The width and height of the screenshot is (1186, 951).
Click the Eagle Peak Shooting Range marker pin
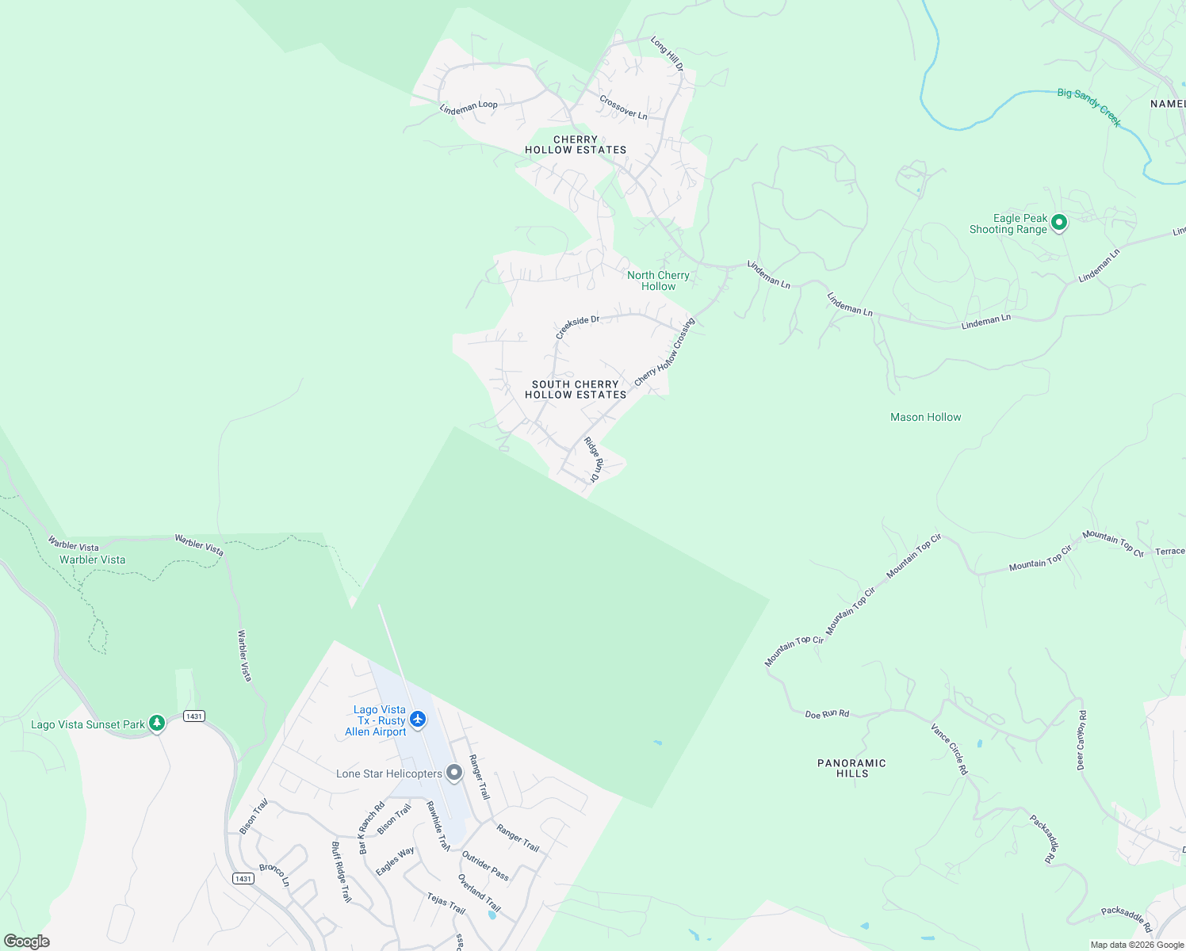click(1059, 223)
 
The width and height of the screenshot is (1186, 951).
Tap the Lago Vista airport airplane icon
click(418, 720)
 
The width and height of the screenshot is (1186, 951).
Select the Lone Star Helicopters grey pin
click(454, 772)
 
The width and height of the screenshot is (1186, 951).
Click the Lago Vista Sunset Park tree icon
click(157, 723)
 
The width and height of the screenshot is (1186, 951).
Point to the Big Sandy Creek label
click(1089, 107)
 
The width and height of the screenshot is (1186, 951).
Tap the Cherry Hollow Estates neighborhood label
click(576, 144)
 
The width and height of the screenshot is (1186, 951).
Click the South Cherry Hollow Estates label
click(576, 389)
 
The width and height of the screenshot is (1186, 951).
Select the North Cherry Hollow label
click(658, 281)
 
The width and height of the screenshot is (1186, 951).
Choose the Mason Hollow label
click(925, 417)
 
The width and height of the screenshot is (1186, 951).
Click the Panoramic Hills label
click(851, 768)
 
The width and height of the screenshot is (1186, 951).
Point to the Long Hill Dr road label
click(667, 54)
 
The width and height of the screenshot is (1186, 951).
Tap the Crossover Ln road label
click(623, 108)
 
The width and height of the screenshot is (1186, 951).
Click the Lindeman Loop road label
click(469, 107)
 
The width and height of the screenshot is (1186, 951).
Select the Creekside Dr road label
click(577, 326)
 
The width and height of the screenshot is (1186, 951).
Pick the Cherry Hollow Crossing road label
click(664, 352)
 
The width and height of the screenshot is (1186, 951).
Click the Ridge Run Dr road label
click(593, 460)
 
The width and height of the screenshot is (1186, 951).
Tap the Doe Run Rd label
click(827, 714)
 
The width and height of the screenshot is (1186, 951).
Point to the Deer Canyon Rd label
click(1081, 740)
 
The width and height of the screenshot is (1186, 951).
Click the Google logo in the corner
click(26, 941)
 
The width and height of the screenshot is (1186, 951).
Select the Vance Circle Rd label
click(949, 749)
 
